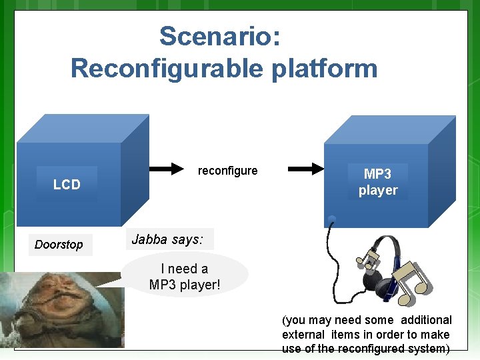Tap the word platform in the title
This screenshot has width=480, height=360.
[x=325, y=68]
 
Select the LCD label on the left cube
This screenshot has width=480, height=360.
[x=67, y=185]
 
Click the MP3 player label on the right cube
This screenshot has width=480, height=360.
[x=377, y=182]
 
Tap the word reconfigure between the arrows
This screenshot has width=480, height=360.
[x=227, y=171]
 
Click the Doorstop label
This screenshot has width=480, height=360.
[x=59, y=245]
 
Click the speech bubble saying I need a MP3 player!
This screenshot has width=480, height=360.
[x=185, y=277]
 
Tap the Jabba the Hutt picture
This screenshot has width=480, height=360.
[x=63, y=309]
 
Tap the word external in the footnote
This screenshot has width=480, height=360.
[x=303, y=335]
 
